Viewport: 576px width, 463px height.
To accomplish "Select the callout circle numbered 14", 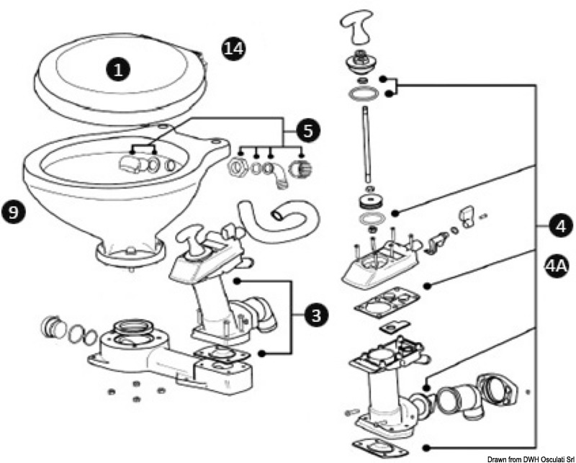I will [x=233, y=49].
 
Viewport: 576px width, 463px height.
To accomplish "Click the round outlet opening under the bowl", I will [x=128, y=253].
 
